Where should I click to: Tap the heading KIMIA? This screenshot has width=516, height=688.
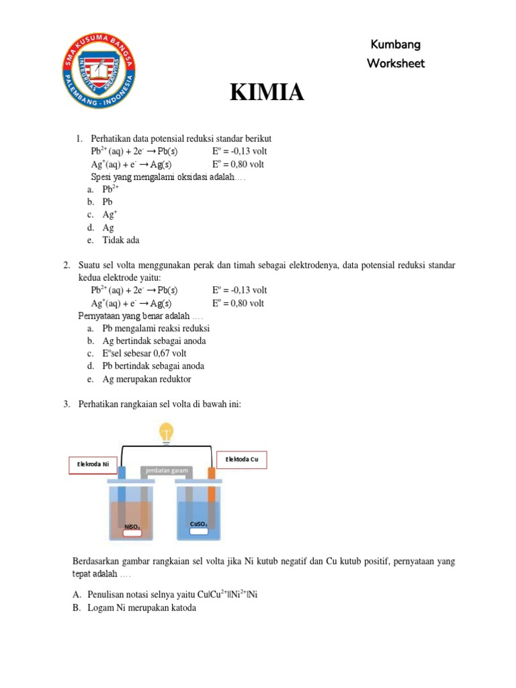click(x=267, y=93)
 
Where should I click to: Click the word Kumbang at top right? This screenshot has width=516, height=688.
click(x=396, y=45)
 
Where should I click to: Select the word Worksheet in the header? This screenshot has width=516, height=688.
click(x=396, y=64)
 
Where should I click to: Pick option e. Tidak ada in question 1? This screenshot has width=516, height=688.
click(x=120, y=240)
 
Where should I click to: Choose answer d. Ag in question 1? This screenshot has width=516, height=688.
click(x=107, y=227)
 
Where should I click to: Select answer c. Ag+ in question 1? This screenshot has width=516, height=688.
click(x=110, y=214)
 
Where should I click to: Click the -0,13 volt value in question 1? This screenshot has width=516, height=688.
click(x=239, y=151)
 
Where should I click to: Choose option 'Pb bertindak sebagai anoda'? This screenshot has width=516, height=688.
click(x=153, y=366)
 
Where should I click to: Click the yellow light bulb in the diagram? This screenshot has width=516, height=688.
click(x=165, y=432)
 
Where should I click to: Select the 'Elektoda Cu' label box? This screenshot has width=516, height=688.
click(x=242, y=460)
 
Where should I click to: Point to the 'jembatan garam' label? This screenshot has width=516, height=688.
click(x=165, y=471)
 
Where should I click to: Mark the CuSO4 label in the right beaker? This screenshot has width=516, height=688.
click(x=198, y=525)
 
